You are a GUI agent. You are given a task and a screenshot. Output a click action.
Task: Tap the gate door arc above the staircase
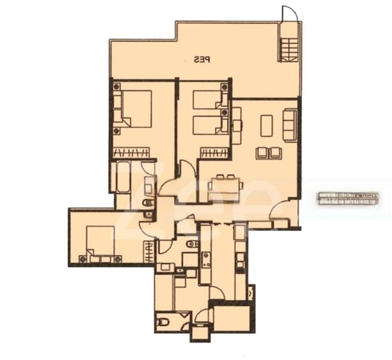pyautogui.click(x=289, y=14)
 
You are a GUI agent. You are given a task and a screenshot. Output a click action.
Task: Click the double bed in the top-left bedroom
pyautogui.click(x=132, y=108)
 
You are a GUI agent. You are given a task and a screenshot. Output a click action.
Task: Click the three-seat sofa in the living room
pyautogui.click(x=290, y=125)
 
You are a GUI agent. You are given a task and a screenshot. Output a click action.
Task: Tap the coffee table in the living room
pyautogui.click(x=266, y=125)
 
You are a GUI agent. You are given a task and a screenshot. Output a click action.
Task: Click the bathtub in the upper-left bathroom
pyautogui.click(x=122, y=176)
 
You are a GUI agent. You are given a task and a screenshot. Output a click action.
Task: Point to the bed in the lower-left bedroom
pyautogui.click(x=100, y=244)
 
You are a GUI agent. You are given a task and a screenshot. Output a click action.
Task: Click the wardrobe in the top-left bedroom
pyautogui.click(x=131, y=152)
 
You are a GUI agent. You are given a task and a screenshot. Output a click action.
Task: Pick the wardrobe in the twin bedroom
pyautogui.click(x=215, y=152)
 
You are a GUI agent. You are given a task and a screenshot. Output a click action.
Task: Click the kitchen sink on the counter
pyautogui.click(x=206, y=260)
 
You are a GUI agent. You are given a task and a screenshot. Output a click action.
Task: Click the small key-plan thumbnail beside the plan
pyautogui.click(x=348, y=199)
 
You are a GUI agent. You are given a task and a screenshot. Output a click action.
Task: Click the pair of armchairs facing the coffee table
pyautogui.click(x=269, y=153)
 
